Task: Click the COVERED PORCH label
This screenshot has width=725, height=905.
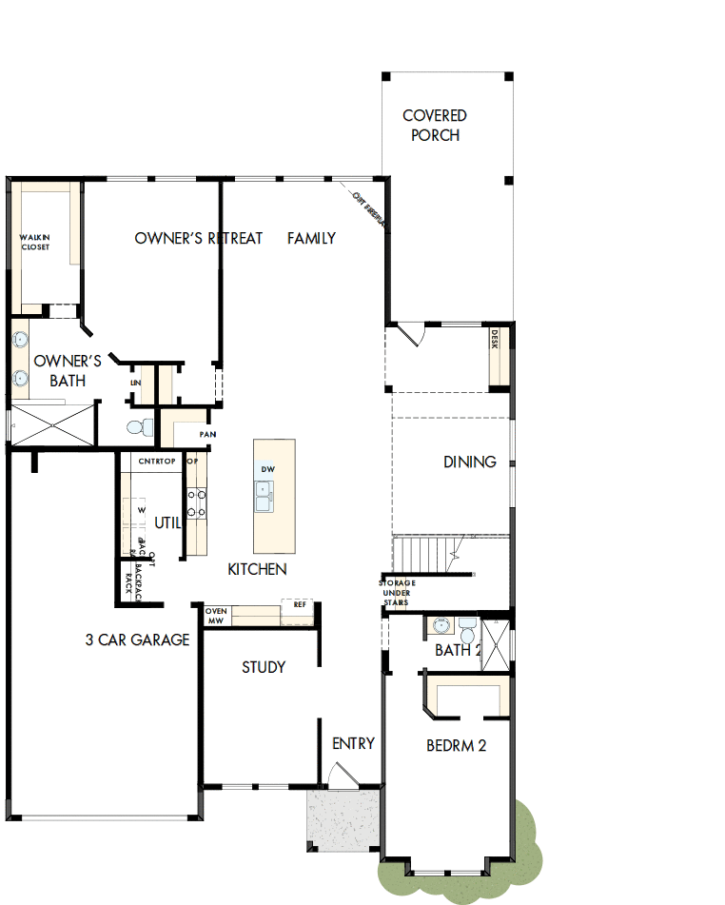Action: coord(435,126)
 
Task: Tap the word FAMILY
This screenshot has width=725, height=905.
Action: coord(311,238)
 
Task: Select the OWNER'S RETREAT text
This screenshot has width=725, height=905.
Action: coord(198,238)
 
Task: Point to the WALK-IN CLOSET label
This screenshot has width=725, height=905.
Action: coord(35,243)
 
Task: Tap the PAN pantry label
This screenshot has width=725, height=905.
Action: coord(206,434)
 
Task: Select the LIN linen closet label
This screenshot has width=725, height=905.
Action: coord(135,383)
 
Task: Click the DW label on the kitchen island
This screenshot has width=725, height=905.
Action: coord(268,470)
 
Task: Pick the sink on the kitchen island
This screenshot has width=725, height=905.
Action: coord(264,492)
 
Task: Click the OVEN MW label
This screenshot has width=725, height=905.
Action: coord(216,616)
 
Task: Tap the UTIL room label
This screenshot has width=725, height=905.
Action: coord(167,522)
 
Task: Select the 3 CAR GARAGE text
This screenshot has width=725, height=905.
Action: coord(137,639)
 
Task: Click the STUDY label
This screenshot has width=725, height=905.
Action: coord(264,667)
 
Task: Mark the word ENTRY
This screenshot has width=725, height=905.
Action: coord(353,743)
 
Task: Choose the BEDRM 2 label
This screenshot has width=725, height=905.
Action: coord(456,746)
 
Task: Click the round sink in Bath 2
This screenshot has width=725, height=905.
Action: coord(441,626)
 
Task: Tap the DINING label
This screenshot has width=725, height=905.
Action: coord(469,462)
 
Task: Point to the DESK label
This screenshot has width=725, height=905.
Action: coord(494,340)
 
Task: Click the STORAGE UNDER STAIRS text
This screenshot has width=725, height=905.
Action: coord(397,592)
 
